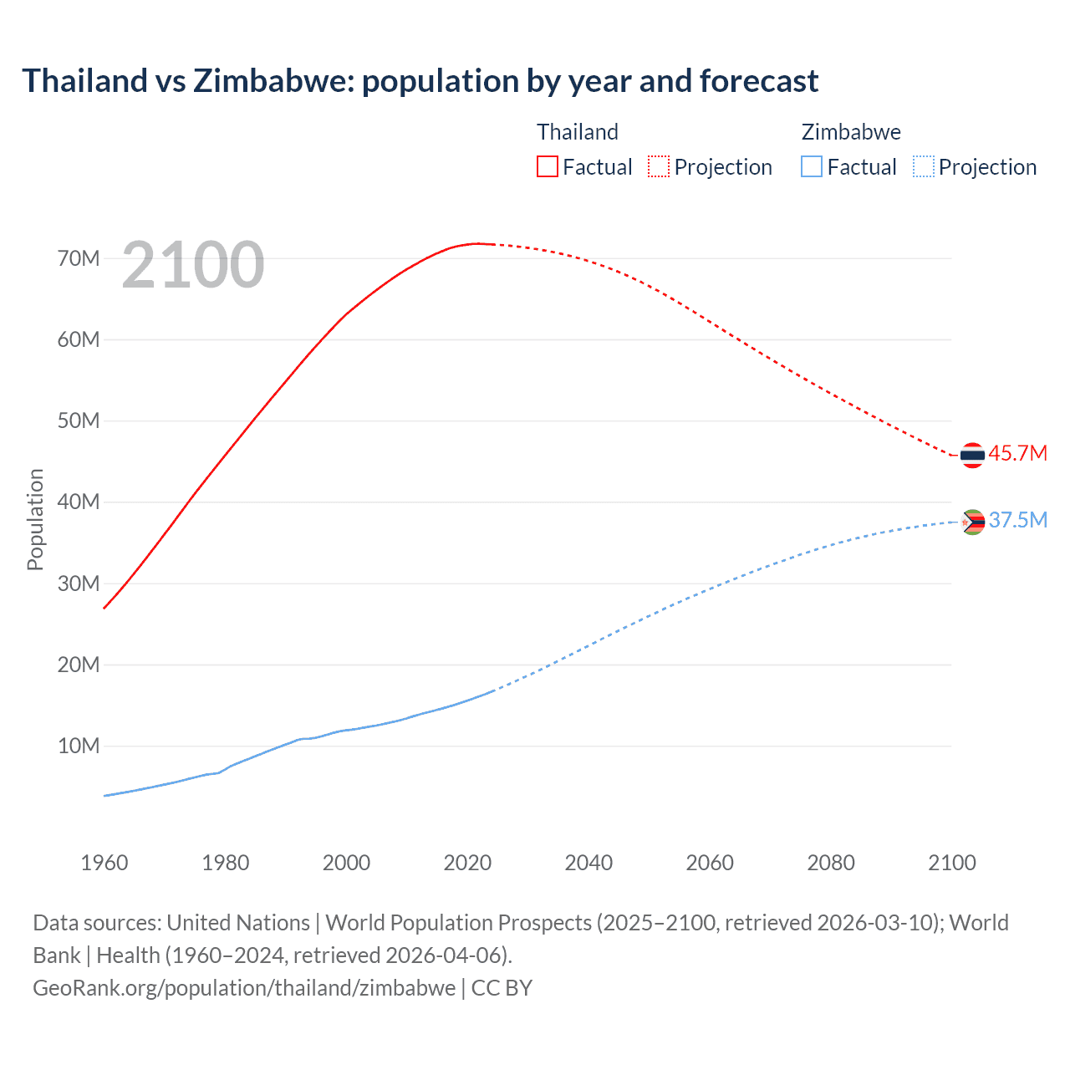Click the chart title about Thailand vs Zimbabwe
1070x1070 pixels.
[x=420, y=81]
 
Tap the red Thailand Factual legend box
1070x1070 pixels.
[x=547, y=166]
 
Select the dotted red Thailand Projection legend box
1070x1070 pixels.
[x=659, y=166]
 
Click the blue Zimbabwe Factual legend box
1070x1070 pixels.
[x=812, y=166]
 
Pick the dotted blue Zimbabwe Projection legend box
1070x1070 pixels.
[x=924, y=166]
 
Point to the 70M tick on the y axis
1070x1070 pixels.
[x=79, y=258]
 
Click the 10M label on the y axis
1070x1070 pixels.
[x=79, y=746]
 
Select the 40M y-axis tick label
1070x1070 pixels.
[x=79, y=502]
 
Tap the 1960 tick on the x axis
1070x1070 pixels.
[x=104, y=863]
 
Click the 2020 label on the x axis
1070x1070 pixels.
[x=467, y=863]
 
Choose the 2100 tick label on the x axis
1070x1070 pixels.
[x=951, y=863]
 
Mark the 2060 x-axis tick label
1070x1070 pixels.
[x=710, y=863]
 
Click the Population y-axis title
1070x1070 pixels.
[x=35, y=519]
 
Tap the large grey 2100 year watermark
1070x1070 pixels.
[x=193, y=265]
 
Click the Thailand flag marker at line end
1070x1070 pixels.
[x=972, y=455]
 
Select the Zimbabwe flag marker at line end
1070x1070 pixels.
[x=972, y=522]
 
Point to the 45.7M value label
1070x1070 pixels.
[x=1017, y=453]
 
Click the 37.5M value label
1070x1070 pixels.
[x=1017, y=520]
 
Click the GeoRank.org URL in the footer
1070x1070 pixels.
[x=244, y=988]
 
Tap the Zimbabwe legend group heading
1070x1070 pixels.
[x=851, y=132]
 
